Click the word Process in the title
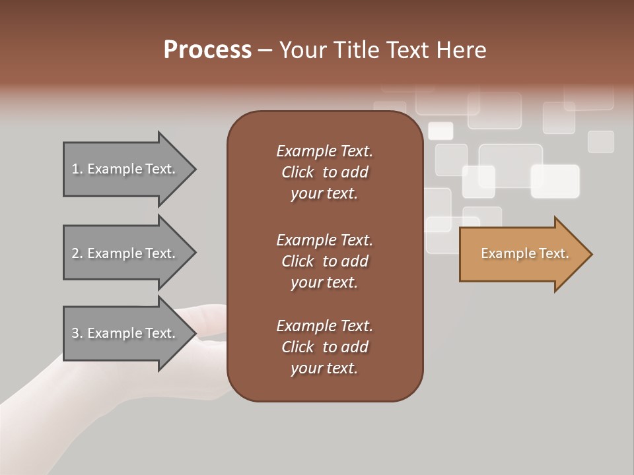click(207, 50)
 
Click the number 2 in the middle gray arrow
click(75, 253)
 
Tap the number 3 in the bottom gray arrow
click(75, 333)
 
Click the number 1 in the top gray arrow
click(75, 170)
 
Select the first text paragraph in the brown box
click(324, 172)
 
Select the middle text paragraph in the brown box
click(324, 261)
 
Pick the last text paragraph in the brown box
click(324, 347)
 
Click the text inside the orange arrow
click(524, 253)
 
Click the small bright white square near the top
click(440, 131)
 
